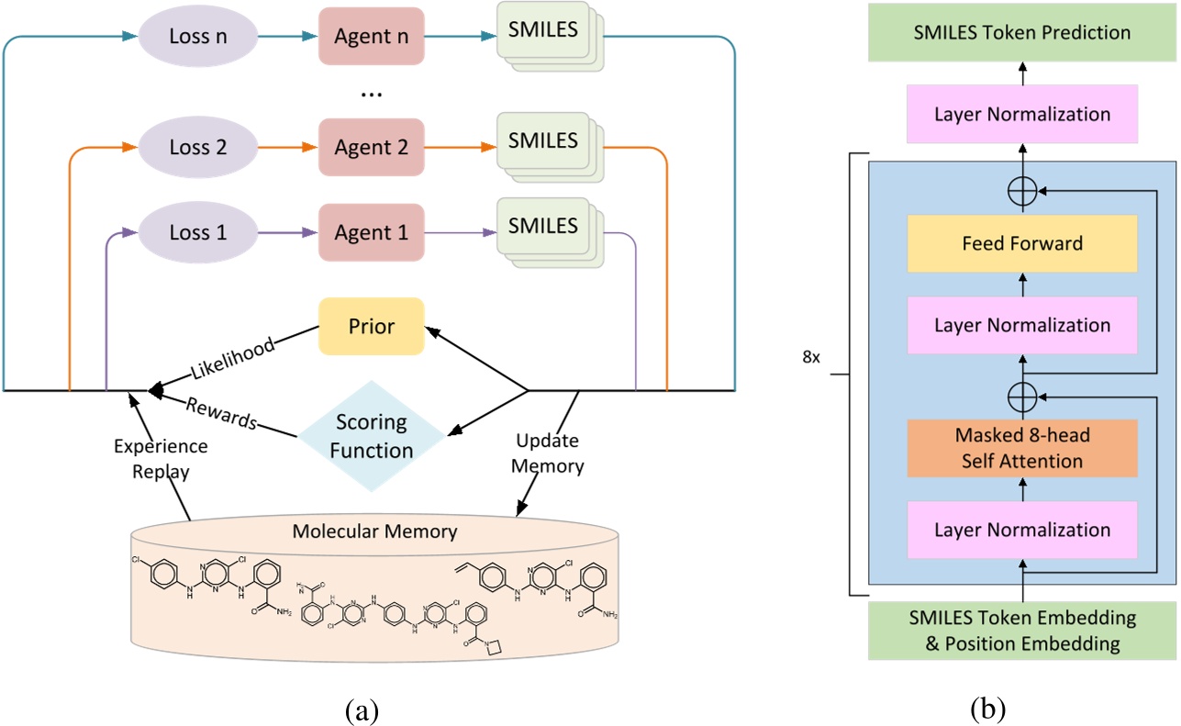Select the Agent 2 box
[371, 147]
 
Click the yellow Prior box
[371, 327]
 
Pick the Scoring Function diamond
[372, 438]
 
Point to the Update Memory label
[549, 452]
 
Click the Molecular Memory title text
[373, 531]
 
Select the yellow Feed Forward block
[1021, 244]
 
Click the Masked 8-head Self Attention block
[1021, 449]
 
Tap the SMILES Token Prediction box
[1021, 33]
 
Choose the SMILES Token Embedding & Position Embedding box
[1021, 630]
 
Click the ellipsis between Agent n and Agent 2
[371, 94]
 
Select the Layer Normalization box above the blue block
[1021, 115]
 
